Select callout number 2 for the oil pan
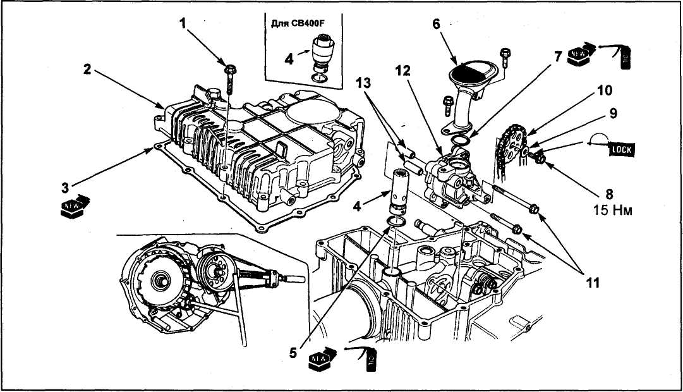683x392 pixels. [87, 70]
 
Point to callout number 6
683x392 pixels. [435, 24]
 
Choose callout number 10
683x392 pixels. [604, 90]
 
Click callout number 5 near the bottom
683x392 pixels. [293, 352]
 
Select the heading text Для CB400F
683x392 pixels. [301, 24]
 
